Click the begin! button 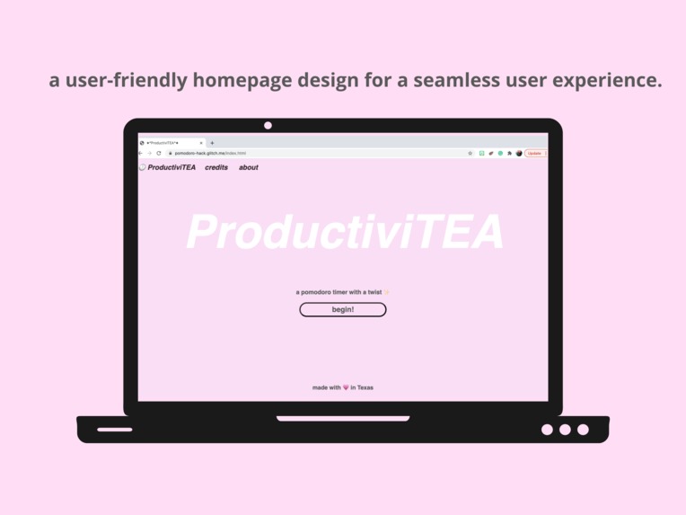pos(343,309)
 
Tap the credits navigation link pos(216,167)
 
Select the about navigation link pos(249,167)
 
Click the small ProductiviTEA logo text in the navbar pos(171,167)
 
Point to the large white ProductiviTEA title pos(344,232)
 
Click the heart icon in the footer pos(346,387)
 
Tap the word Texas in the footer pos(365,387)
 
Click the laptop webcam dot pos(268,125)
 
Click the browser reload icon pos(159,153)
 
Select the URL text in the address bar pos(210,153)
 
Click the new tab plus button pos(212,143)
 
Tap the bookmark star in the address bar pos(471,153)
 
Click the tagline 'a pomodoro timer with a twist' pos(339,292)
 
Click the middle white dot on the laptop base pos(565,430)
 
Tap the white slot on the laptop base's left pos(115,430)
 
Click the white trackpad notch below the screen pos(343,418)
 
